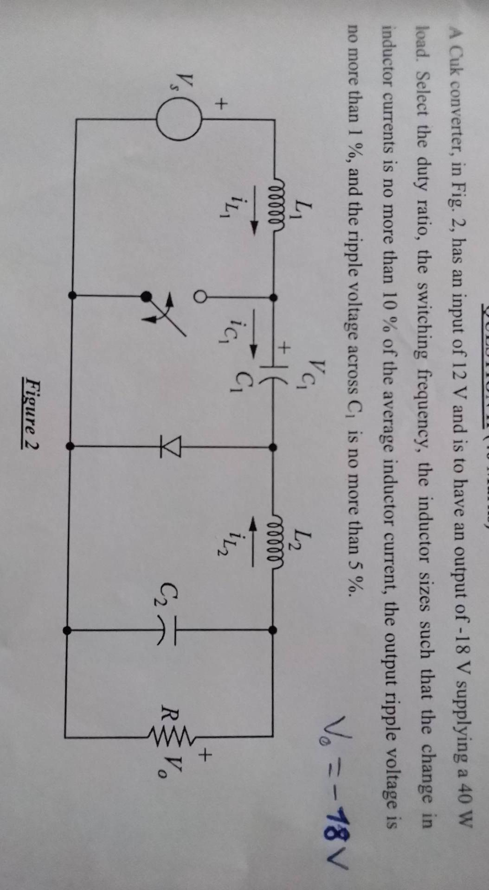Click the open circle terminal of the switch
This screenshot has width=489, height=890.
(200, 296)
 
